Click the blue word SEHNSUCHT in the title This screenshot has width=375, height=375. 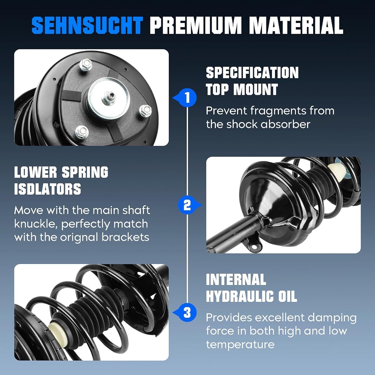87,25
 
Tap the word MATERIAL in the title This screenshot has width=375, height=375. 296,25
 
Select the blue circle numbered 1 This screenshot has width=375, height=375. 187,98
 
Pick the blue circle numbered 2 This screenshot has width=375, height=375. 187,205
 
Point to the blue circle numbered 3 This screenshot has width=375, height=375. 187,313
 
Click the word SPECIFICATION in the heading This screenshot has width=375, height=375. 252,73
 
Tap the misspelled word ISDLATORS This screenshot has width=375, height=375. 48,189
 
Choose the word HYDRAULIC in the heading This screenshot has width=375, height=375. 240,296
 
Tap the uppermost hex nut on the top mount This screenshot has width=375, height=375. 86,64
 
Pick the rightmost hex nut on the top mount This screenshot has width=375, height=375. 145,111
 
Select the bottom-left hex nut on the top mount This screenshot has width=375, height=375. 82,132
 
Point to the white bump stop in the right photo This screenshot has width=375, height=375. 337,170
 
